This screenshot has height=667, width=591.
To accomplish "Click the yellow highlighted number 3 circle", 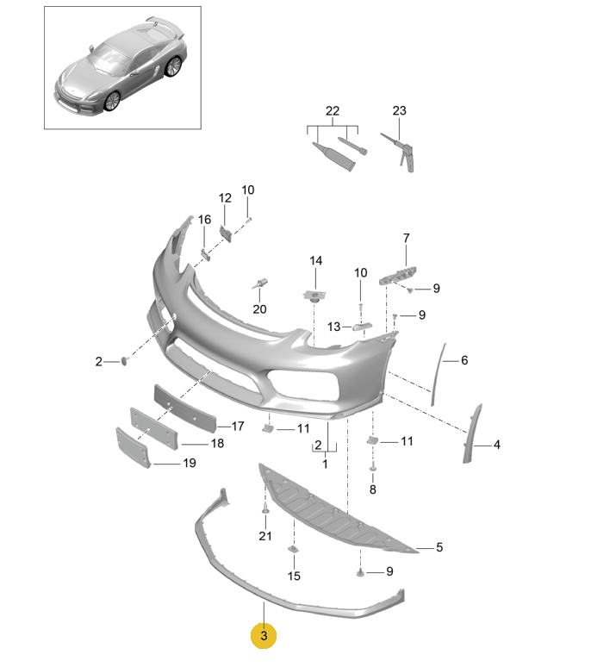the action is click(264, 635).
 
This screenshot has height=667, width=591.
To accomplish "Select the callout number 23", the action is click(399, 110).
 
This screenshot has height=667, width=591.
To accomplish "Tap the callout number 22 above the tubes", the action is click(333, 111).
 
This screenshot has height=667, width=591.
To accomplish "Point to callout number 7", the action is click(407, 238).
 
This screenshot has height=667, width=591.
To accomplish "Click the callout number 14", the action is click(316, 260).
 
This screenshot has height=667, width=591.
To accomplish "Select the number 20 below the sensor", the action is click(259, 309).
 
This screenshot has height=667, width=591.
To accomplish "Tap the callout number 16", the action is click(204, 220).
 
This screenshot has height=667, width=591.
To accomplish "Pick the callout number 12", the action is click(225, 198).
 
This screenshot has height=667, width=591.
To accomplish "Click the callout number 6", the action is click(464, 360).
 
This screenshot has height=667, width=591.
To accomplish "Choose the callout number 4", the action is click(496, 445).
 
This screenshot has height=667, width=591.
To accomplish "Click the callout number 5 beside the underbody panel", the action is click(439, 547).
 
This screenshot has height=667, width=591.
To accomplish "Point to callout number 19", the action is click(190, 463).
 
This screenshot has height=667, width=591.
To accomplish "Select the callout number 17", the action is click(238, 426).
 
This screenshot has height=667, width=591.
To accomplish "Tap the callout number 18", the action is click(217, 443).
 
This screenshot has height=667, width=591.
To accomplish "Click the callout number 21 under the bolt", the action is click(265, 536).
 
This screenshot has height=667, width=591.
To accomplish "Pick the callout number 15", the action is click(294, 576).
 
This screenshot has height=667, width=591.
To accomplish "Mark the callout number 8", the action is click(373, 489).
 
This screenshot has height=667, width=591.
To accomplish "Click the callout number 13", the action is click(333, 327).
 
